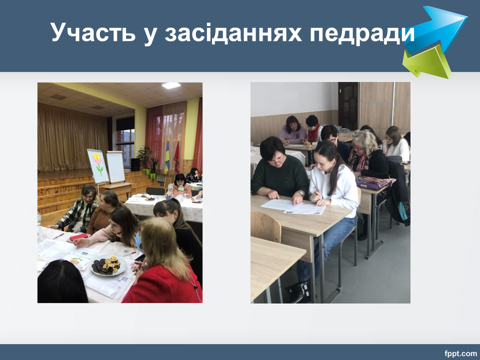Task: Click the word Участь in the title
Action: [x=93, y=32]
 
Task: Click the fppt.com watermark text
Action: [x=460, y=353]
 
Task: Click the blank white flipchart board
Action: [x=115, y=167]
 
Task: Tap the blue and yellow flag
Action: [x=167, y=156]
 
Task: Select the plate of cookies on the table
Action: [x=108, y=265]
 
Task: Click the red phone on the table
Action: [x=78, y=237]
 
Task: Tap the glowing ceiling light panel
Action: [x=171, y=85]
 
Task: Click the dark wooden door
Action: [x=348, y=105]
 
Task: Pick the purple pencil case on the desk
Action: [x=374, y=183]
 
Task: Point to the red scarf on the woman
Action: [x=313, y=133]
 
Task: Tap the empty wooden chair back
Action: [x=265, y=226]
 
